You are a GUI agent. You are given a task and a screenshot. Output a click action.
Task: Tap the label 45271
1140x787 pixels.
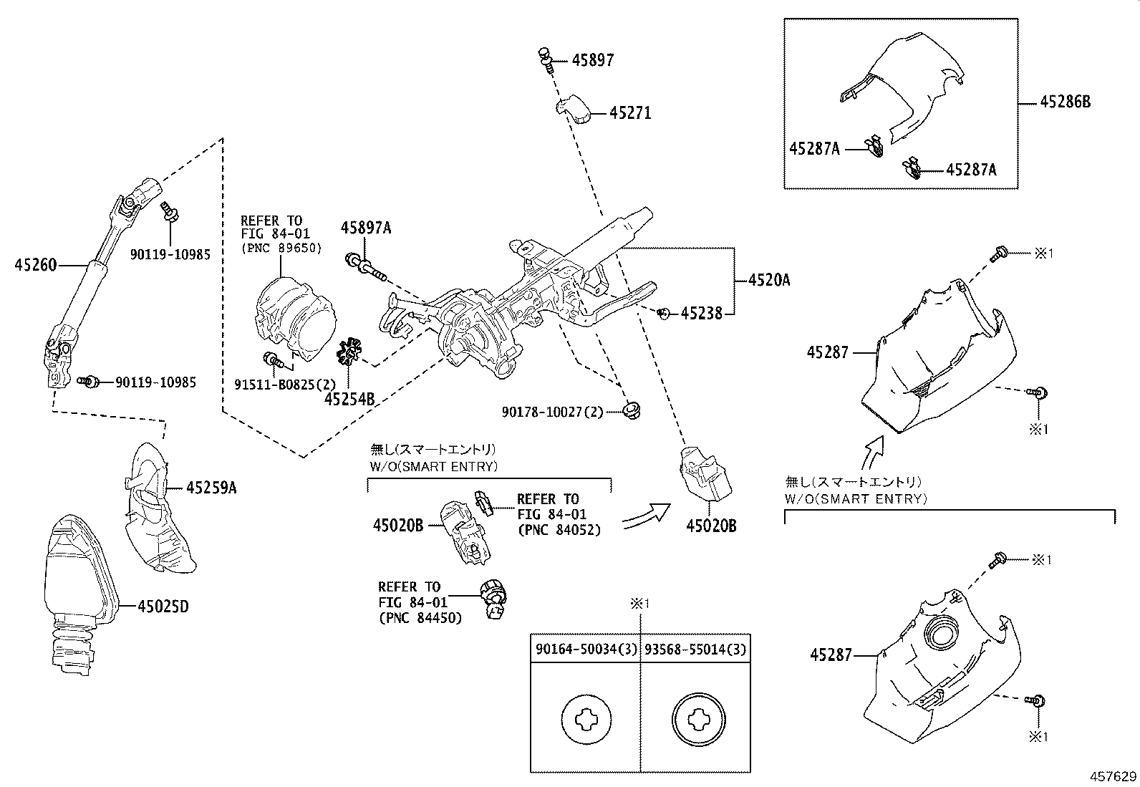coord(630,113)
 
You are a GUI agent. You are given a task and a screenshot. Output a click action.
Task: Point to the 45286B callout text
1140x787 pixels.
coord(1065,102)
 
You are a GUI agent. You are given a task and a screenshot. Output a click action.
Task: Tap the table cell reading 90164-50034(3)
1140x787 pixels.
coord(585,650)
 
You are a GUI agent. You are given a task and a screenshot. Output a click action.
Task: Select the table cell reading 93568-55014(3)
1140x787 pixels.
coord(695,650)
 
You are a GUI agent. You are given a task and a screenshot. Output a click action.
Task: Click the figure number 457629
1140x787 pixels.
coord(1114,776)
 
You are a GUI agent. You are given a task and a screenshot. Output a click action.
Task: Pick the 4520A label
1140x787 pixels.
coord(769,280)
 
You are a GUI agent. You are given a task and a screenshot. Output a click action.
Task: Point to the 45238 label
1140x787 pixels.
coord(702,313)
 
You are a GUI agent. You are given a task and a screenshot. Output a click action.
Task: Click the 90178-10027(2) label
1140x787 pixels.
coord(552,412)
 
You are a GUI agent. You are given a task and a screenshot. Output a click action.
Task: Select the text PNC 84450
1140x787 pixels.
coord(420,617)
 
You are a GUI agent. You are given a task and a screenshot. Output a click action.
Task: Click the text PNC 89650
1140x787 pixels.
coord(281,248)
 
